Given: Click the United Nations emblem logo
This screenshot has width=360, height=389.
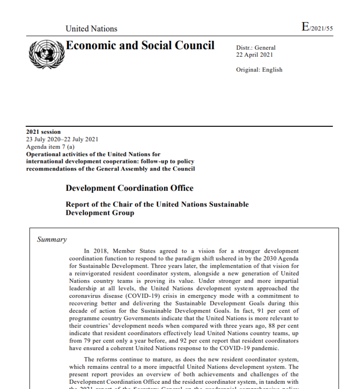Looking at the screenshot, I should click(47, 54).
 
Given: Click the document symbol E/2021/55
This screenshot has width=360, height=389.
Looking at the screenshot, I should click(317, 27).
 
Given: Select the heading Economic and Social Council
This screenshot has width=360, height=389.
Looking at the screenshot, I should click(140, 45).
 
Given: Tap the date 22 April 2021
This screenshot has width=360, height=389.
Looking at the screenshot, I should click(254, 55).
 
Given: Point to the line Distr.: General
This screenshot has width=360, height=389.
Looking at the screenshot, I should click(256, 48).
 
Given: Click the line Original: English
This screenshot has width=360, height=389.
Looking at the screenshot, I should click(259, 70).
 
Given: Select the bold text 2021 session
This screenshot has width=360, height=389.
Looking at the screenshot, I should click(43, 132).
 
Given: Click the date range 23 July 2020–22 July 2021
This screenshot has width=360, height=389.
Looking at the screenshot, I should click(62, 139).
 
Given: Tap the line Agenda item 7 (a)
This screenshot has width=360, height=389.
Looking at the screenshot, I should click(50, 147).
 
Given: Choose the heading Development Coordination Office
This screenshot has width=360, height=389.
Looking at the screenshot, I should click(129, 188).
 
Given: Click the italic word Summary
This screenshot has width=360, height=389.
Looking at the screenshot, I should click(52, 240).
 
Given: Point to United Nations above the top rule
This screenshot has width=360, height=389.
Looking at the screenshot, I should click(91, 29).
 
